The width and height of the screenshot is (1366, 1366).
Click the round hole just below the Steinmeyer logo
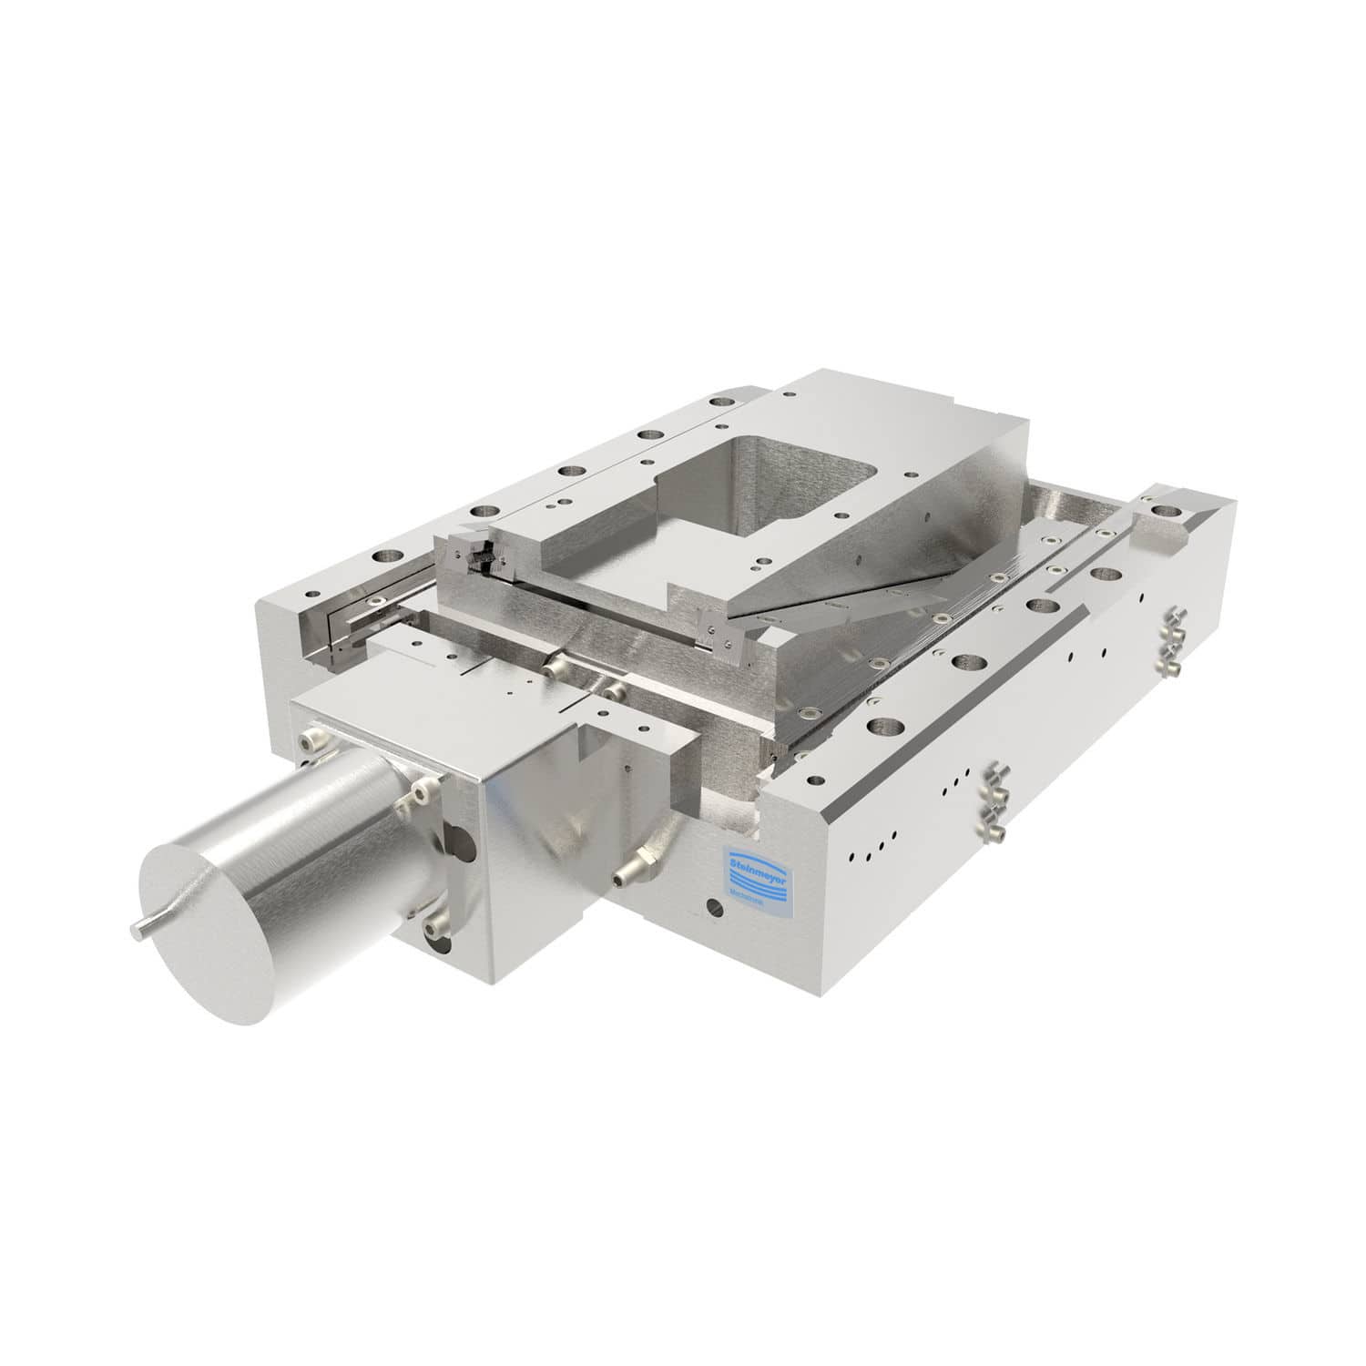tap(712, 907)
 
